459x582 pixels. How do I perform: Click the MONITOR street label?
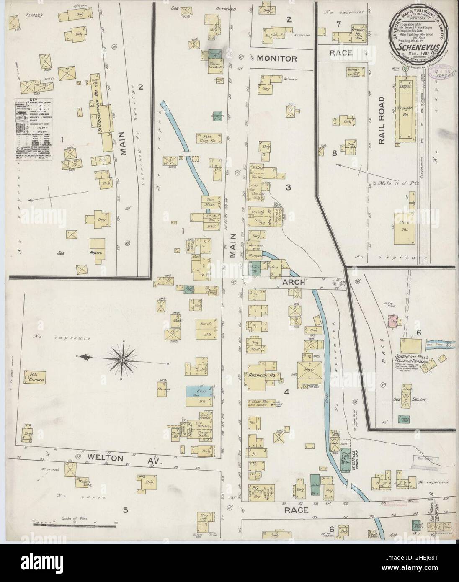click(277, 59)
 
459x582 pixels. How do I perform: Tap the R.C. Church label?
click(34, 377)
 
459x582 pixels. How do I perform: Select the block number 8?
click(334, 153)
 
